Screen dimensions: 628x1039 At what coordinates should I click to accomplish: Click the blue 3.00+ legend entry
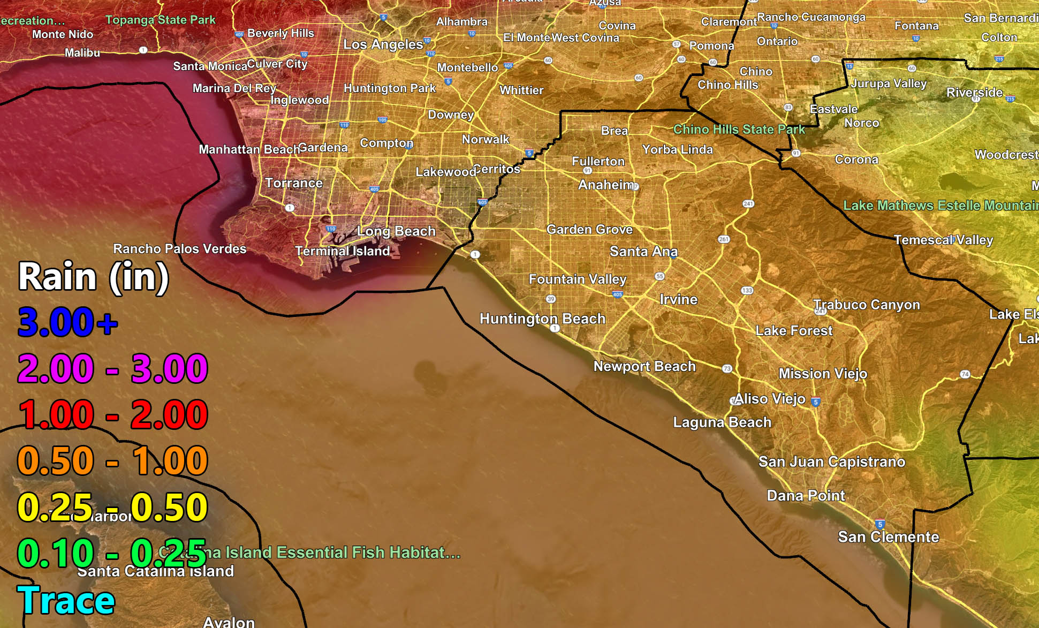[67, 322]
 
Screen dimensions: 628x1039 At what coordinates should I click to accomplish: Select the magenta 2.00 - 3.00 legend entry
[112, 368]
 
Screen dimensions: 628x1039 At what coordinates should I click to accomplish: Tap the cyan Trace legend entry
[66, 600]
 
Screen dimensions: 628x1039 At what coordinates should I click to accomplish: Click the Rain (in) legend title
[94, 277]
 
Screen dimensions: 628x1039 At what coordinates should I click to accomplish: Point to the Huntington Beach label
[542, 319]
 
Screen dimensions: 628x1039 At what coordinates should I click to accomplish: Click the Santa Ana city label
[643, 251]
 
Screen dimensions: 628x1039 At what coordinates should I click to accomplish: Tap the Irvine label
[678, 299]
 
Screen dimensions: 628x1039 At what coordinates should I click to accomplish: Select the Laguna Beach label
[722, 422]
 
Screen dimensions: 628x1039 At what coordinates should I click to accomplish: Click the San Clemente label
[888, 536]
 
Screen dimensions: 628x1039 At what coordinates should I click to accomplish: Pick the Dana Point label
[806, 495]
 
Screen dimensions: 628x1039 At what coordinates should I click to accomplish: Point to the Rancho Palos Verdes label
[180, 248]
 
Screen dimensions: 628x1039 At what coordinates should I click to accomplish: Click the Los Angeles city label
[383, 44]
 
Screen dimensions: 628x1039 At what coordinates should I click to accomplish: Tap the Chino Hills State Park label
[739, 129]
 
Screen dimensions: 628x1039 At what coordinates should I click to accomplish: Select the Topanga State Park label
[161, 20]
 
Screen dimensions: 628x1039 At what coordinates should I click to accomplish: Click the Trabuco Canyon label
[867, 304]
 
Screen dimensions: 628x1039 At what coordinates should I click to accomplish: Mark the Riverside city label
[974, 92]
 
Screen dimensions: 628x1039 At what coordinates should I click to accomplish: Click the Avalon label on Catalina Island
[229, 622]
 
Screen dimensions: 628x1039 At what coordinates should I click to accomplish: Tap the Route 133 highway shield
[747, 290]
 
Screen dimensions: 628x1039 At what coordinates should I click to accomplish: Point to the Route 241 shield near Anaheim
[748, 203]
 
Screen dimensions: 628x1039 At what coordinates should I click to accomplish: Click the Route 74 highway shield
[965, 374]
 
